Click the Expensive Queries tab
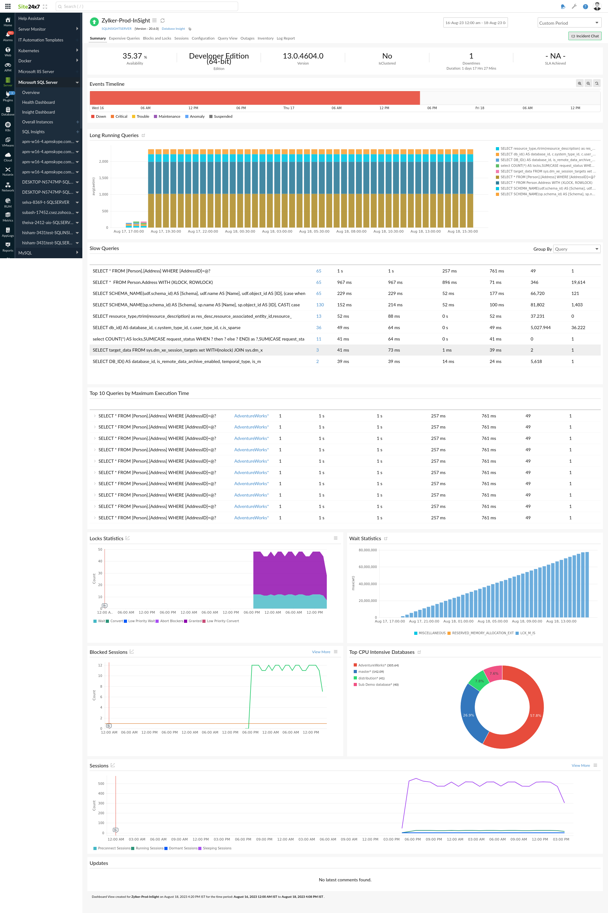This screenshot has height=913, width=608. tap(124, 38)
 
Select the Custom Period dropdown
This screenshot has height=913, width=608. tap(568, 23)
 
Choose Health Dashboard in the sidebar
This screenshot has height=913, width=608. tap(38, 102)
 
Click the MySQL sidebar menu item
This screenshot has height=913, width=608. tap(25, 253)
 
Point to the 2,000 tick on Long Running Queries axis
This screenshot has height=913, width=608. tap(104, 162)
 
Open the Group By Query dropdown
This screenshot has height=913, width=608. tap(577, 249)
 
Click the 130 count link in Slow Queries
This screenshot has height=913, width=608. tap(320, 305)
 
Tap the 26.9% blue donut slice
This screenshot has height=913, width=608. tap(468, 715)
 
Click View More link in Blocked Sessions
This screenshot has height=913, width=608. tap(321, 652)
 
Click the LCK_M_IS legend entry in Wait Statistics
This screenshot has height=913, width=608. tap(527, 633)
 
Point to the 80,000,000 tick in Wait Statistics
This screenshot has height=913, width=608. tap(367, 550)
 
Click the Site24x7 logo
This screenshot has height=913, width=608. tap(29, 7)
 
